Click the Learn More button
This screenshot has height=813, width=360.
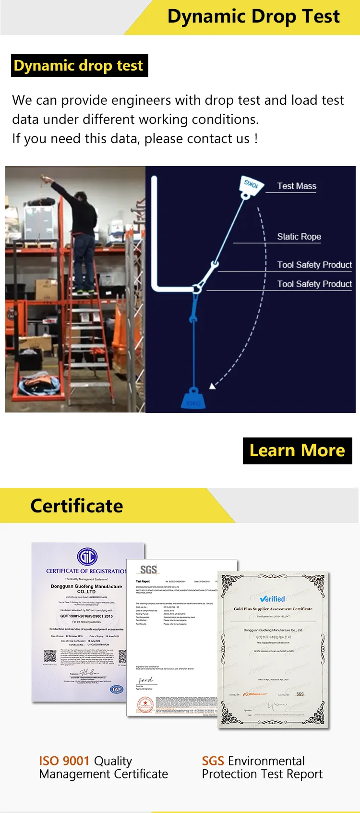(x=297, y=450)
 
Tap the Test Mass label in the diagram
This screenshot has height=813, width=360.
(x=297, y=186)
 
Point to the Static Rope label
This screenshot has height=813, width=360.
(x=299, y=236)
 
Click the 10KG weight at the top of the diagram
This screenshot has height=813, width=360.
(x=252, y=184)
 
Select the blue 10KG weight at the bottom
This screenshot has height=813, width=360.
(x=193, y=399)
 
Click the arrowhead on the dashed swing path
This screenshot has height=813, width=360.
(x=212, y=386)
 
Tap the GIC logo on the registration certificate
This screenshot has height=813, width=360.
(x=87, y=557)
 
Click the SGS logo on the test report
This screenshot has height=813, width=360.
(x=148, y=570)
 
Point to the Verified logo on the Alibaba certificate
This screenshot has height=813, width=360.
(x=273, y=599)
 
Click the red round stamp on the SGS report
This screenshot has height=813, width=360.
(x=145, y=704)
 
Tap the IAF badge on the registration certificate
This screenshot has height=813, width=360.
(x=116, y=689)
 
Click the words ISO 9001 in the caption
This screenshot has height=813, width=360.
(x=64, y=761)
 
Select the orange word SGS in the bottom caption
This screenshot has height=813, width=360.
(x=213, y=761)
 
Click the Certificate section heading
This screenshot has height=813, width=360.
(x=77, y=506)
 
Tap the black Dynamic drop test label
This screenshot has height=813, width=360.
(x=79, y=65)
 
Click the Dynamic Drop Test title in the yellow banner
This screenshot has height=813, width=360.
(x=253, y=16)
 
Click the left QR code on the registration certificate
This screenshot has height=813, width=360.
(x=50, y=656)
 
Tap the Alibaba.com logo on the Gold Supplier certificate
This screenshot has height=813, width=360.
(x=255, y=694)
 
